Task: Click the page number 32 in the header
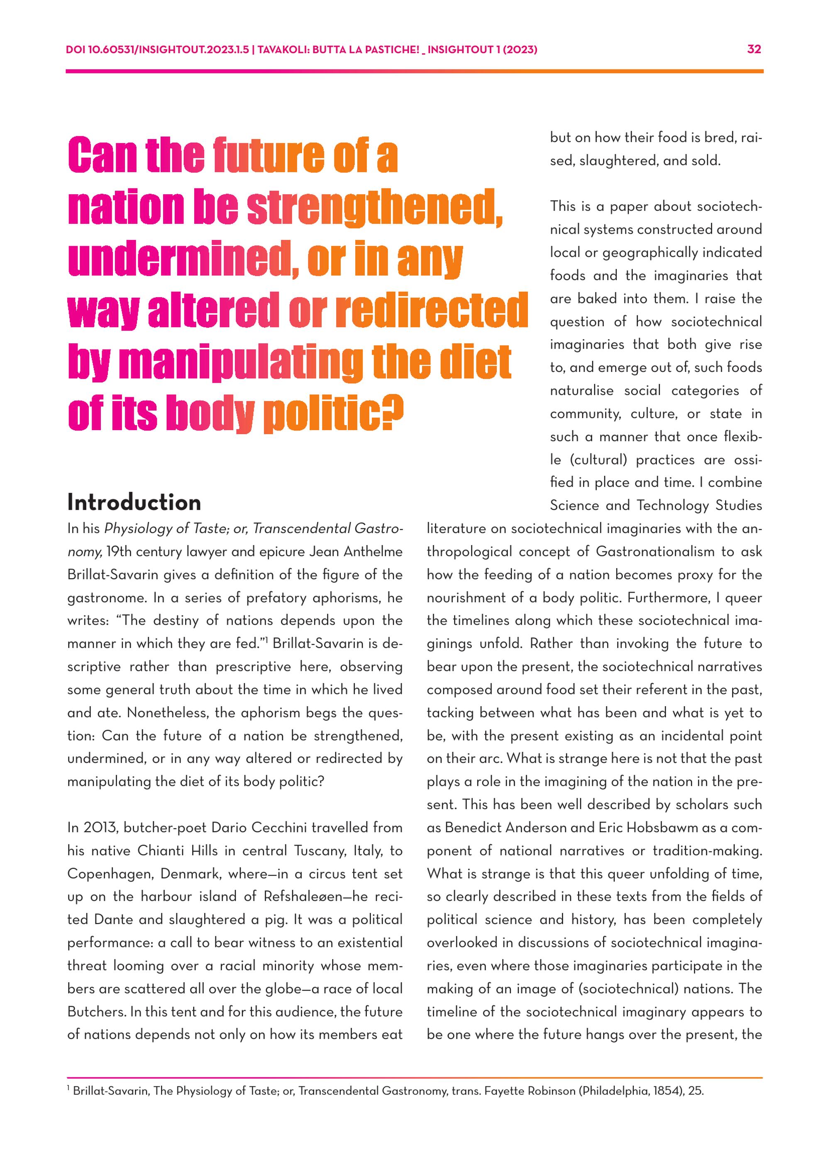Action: click(x=754, y=49)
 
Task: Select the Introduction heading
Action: click(x=134, y=503)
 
